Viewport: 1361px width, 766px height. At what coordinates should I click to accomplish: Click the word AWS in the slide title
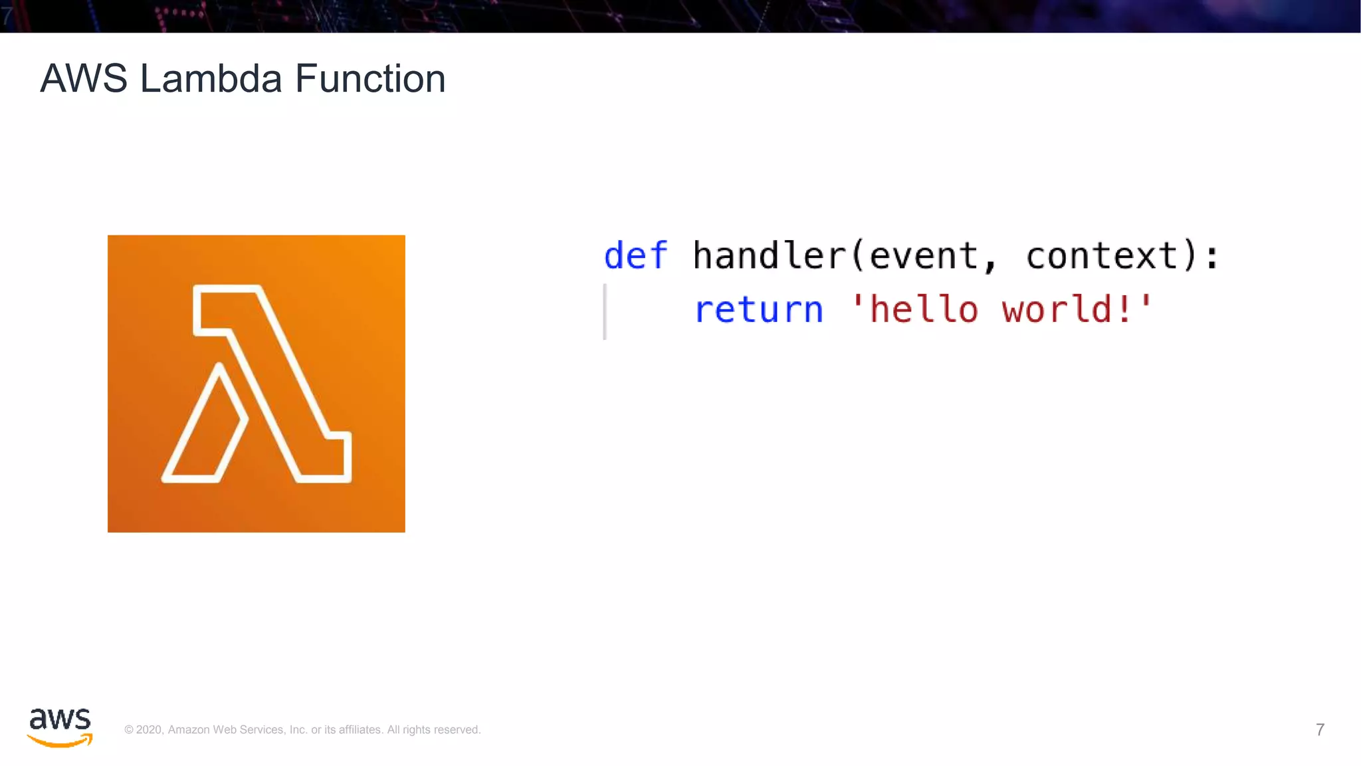coord(84,79)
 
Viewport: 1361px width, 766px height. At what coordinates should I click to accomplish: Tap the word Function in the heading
coord(369,79)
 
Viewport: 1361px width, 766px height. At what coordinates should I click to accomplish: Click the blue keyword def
coord(635,256)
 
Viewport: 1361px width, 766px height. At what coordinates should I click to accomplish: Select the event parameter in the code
coord(923,256)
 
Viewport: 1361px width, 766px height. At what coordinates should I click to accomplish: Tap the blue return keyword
coord(758,310)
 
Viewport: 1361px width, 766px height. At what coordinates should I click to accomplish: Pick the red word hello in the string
coord(923,310)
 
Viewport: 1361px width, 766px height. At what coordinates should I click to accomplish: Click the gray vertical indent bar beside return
coord(605,311)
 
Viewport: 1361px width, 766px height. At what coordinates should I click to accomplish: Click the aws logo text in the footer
coord(60,719)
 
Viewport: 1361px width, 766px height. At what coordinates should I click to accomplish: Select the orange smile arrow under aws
coord(60,741)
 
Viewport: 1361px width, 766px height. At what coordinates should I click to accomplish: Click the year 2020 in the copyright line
coord(149,729)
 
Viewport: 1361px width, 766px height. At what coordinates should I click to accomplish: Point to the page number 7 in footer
coord(1320,729)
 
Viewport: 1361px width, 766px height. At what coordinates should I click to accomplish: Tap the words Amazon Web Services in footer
coord(227,729)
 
